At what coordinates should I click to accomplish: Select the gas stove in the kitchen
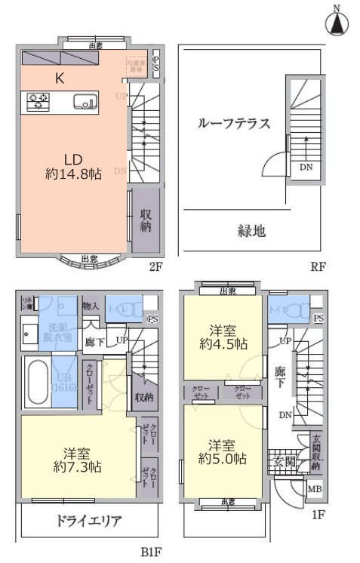point(38,100)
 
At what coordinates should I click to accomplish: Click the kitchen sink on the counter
point(84,101)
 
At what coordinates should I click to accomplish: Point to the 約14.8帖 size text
point(72,174)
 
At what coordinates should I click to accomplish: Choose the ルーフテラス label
point(233,124)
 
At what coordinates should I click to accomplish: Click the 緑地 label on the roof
point(251,231)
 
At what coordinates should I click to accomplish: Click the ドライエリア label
point(88,521)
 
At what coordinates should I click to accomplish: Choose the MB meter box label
point(315,490)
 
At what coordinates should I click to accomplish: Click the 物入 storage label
point(91,306)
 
